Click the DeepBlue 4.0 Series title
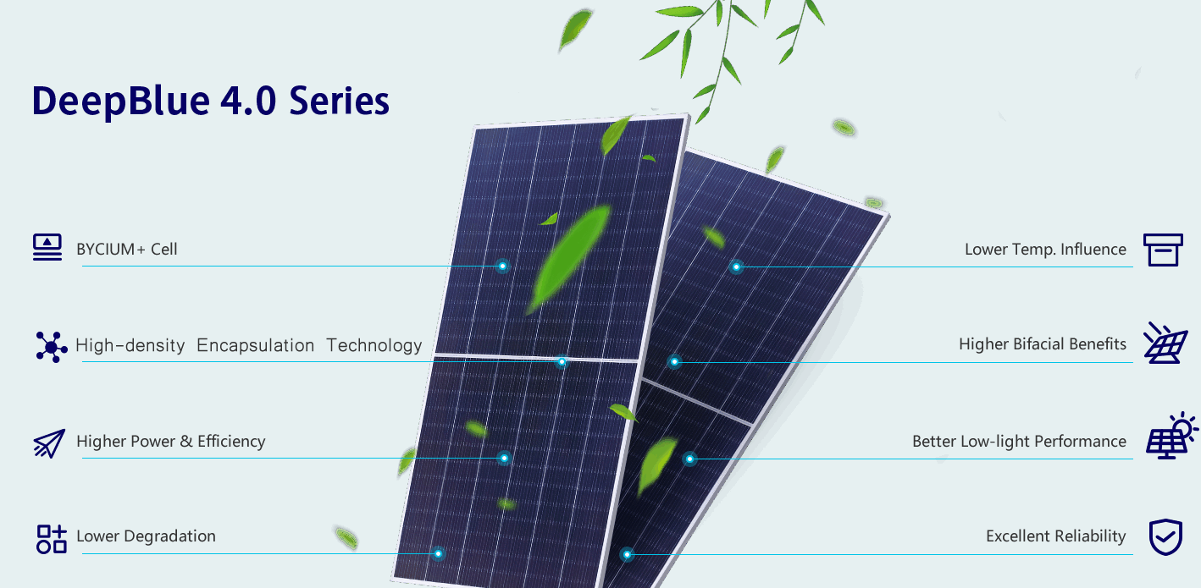(x=210, y=101)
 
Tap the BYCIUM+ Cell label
(x=126, y=249)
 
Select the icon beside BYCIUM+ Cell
(x=47, y=247)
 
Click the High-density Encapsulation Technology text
(x=249, y=345)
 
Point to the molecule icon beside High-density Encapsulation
(x=52, y=347)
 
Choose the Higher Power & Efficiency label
(x=171, y=442)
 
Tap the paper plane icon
(x=49, y=443)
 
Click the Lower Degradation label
(x=146, y=536)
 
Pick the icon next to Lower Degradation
(x=52, y=539)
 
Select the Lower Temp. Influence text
(x=1045, y=250)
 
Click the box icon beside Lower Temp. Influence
(x=1163, y=250)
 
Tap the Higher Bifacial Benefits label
(x=1043, y=343)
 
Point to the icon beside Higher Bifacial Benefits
(x=1165, y=343)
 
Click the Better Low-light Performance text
(x=1019, y=442)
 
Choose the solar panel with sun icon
(x=1171, y=437)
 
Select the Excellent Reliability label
(x=1055, y=536)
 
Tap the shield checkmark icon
(x=1165, y=537)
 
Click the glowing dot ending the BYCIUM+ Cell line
(x=502, y=267)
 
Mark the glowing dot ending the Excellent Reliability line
(x=627, y=554)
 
